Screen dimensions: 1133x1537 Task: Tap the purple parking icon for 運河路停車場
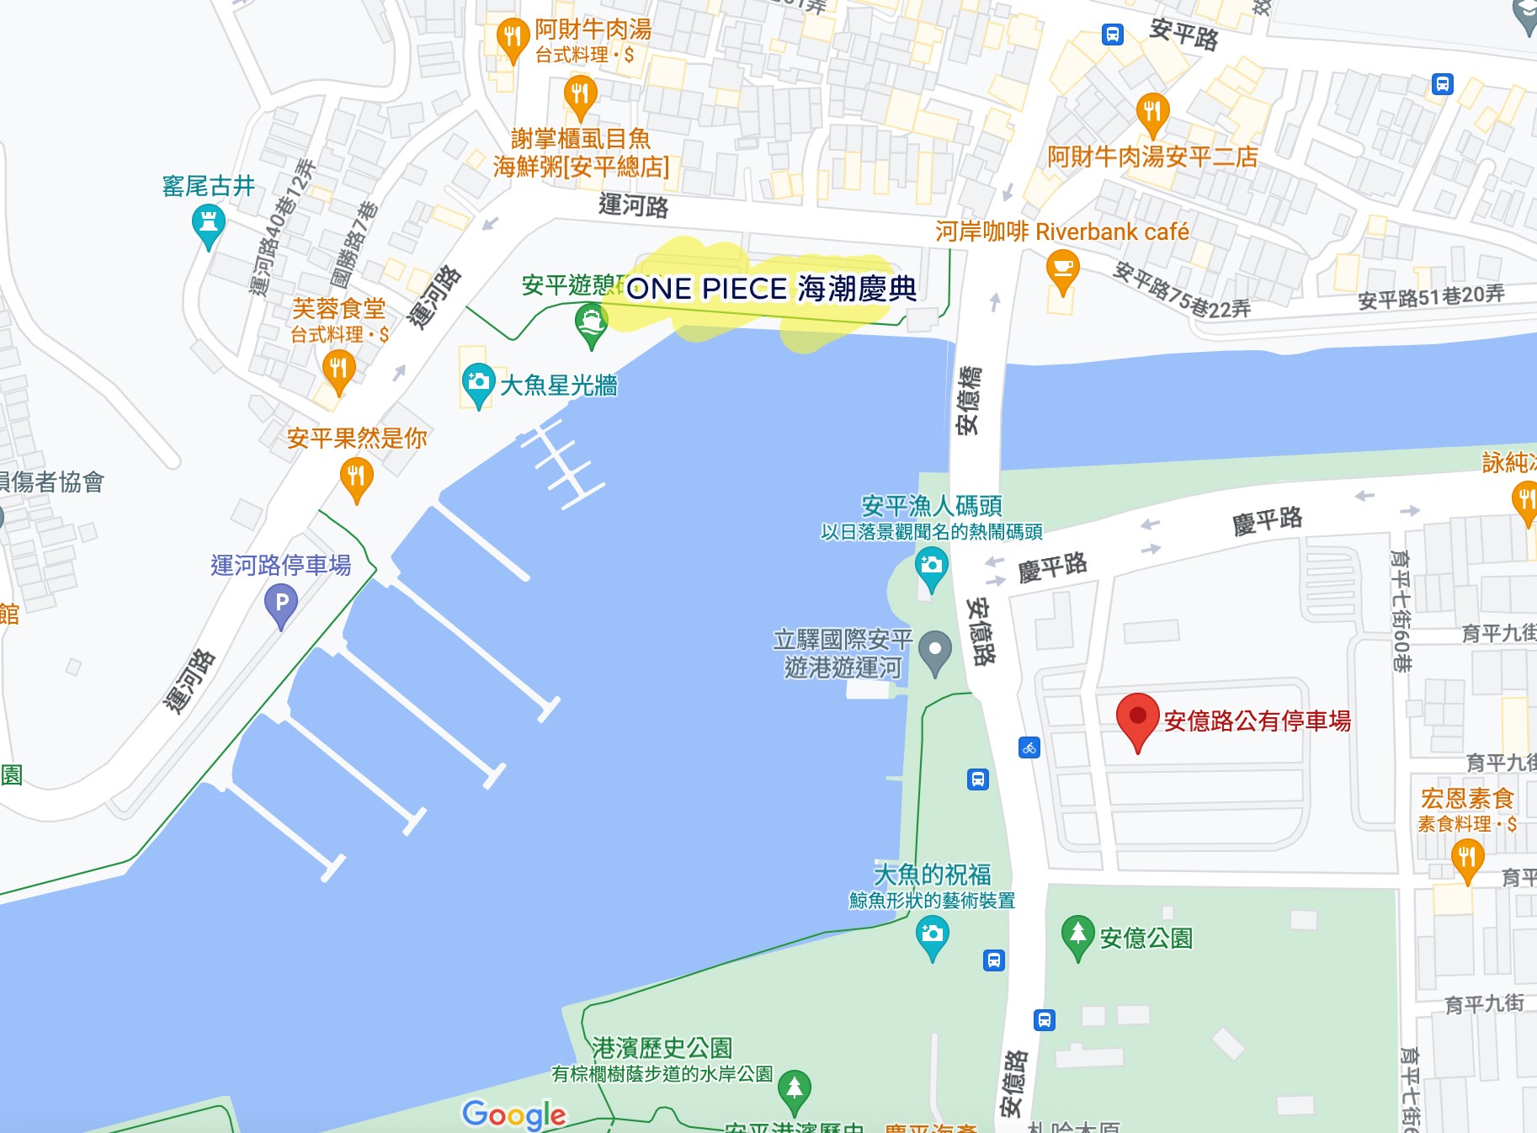(x=281, y=604)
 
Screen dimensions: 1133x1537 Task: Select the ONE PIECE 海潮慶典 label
(x=771, y=289)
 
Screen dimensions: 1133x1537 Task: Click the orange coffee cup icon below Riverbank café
(x=1062, y=271)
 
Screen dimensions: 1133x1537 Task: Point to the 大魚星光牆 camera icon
(x=478, y=383)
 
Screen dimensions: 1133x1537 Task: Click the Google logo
(x=514, y=1114)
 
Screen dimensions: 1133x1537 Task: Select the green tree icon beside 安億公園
(x=1077, y=935)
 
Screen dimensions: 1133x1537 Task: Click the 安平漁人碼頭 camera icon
(x=931, y=566)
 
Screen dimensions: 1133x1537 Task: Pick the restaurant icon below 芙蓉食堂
(x=338, y=370)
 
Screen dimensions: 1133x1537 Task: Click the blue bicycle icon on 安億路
(x=1029, y=747)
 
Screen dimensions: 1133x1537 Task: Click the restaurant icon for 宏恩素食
(x=1467, y=859)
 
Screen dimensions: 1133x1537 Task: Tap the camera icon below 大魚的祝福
(x=932, y=934)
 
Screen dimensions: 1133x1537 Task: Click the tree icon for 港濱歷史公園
(x=794, y=1088)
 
